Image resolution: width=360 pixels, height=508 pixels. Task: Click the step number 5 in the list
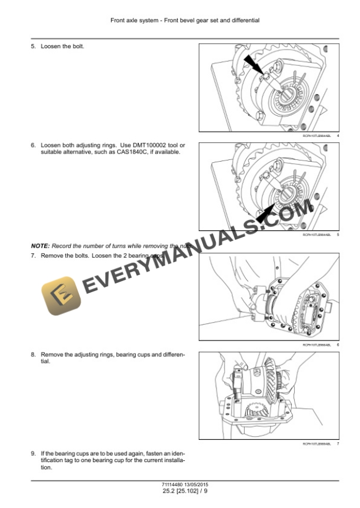click(33, 46)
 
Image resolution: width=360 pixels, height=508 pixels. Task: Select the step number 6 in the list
click(33, 145)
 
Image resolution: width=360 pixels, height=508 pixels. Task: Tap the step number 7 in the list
click(33, 256)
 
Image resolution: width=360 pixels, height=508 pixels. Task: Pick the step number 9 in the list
click(33, 454)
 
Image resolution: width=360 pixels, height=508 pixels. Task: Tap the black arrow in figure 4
click(256, 65)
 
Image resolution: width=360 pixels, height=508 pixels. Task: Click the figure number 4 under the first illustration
click(338, 136)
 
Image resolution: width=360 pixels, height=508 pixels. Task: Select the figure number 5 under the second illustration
click(338, 235)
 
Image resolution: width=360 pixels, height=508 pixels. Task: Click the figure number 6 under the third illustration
click(338, 345)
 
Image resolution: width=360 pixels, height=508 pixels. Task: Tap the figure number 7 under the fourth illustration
click(338, 444)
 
